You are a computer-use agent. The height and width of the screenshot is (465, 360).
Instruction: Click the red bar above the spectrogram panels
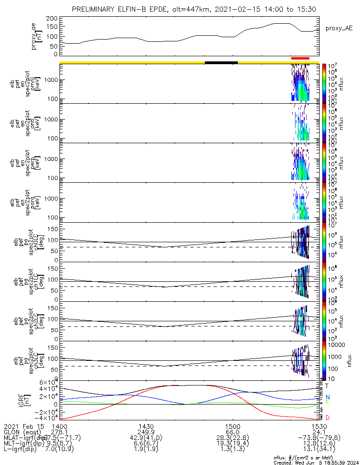(300, 58)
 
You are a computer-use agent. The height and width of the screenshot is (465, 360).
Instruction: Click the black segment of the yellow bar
(221, 62)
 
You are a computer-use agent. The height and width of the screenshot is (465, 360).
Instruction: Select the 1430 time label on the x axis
(146, 426)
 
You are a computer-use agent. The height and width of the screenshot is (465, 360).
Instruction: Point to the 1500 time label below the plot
(232, 426)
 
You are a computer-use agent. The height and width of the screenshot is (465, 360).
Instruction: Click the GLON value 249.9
(146, 432)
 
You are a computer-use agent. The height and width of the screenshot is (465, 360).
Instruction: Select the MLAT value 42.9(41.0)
(146, 438)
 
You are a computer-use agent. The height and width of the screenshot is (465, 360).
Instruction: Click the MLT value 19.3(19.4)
(232, 445)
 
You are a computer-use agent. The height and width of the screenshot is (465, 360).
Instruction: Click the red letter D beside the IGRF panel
(327, 418)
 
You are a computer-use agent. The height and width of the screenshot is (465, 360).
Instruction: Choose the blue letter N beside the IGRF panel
(327, 397)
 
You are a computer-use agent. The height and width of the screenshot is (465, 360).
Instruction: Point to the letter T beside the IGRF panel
(327, 385)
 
